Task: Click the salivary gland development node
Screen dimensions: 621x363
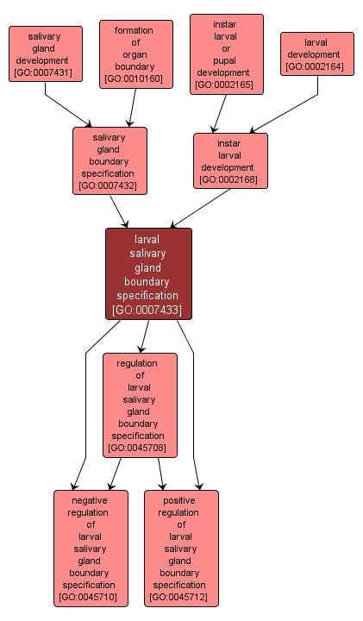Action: click(x=46, y=53)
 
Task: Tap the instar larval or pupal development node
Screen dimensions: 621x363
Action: click(x=225, y=53)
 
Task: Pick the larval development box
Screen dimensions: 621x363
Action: click(x=316, y=53)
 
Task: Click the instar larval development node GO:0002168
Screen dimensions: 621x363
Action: click(x=230, y=160)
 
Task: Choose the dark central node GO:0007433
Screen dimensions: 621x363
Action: click(x=148, y=273)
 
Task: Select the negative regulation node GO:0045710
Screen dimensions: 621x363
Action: click(x=91, y=548)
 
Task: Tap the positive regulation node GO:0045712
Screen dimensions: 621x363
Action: click(x=181, y=548)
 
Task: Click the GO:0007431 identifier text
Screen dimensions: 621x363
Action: click(x=46, y=73)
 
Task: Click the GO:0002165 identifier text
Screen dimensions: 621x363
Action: click(x=225, y=85)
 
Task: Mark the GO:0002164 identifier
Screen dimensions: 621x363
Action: click(x=316, y=66)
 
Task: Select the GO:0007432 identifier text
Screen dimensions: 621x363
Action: click(x=110, y=185)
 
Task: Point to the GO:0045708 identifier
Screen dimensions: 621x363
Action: click(x=140, y=448)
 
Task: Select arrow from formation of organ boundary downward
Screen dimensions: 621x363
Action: click(x=132, y=109)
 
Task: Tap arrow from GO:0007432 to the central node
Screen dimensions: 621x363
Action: click(x=120, y=211)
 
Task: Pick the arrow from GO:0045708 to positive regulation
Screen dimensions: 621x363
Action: click(x=160, y=474)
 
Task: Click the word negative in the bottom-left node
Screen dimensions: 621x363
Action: click(x=91, y=499)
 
